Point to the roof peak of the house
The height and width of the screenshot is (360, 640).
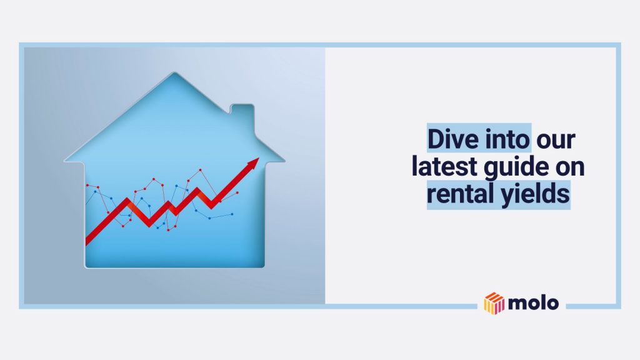click(173, 74)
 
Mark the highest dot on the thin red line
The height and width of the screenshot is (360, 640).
click(200, 169)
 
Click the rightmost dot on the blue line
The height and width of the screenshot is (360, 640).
click(232, 214)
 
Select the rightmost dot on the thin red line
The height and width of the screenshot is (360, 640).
click(237, 192)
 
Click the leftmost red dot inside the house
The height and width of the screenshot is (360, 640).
click(87, 186)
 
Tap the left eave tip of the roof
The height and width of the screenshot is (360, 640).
click(65, 161)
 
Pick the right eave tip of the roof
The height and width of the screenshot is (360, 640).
click(282, 160)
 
